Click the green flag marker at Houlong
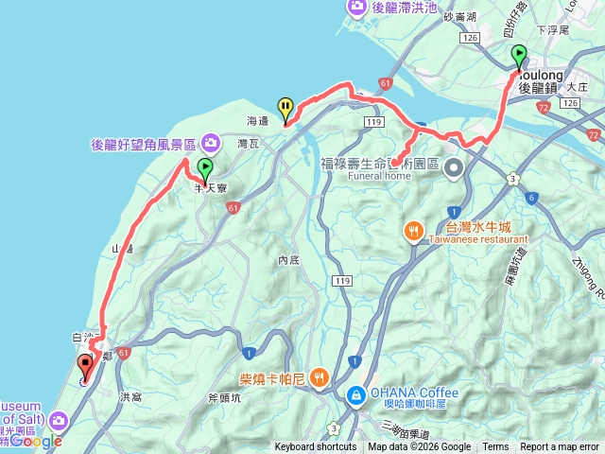pos(518,57)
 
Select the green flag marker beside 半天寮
pos(205,170)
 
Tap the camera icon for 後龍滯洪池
pos(357,8)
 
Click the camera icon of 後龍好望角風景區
pos(210,144)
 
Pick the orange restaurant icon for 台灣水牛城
pos(414,231)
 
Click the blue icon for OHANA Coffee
pos(356,393)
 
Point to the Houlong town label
pos(541,74)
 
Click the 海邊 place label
pos(257,121)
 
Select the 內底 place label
pos(289,259)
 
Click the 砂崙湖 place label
pos(458,18)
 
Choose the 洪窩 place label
pos(131,397)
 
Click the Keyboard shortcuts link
pos(316,447)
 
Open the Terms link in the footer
pos(495,447)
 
